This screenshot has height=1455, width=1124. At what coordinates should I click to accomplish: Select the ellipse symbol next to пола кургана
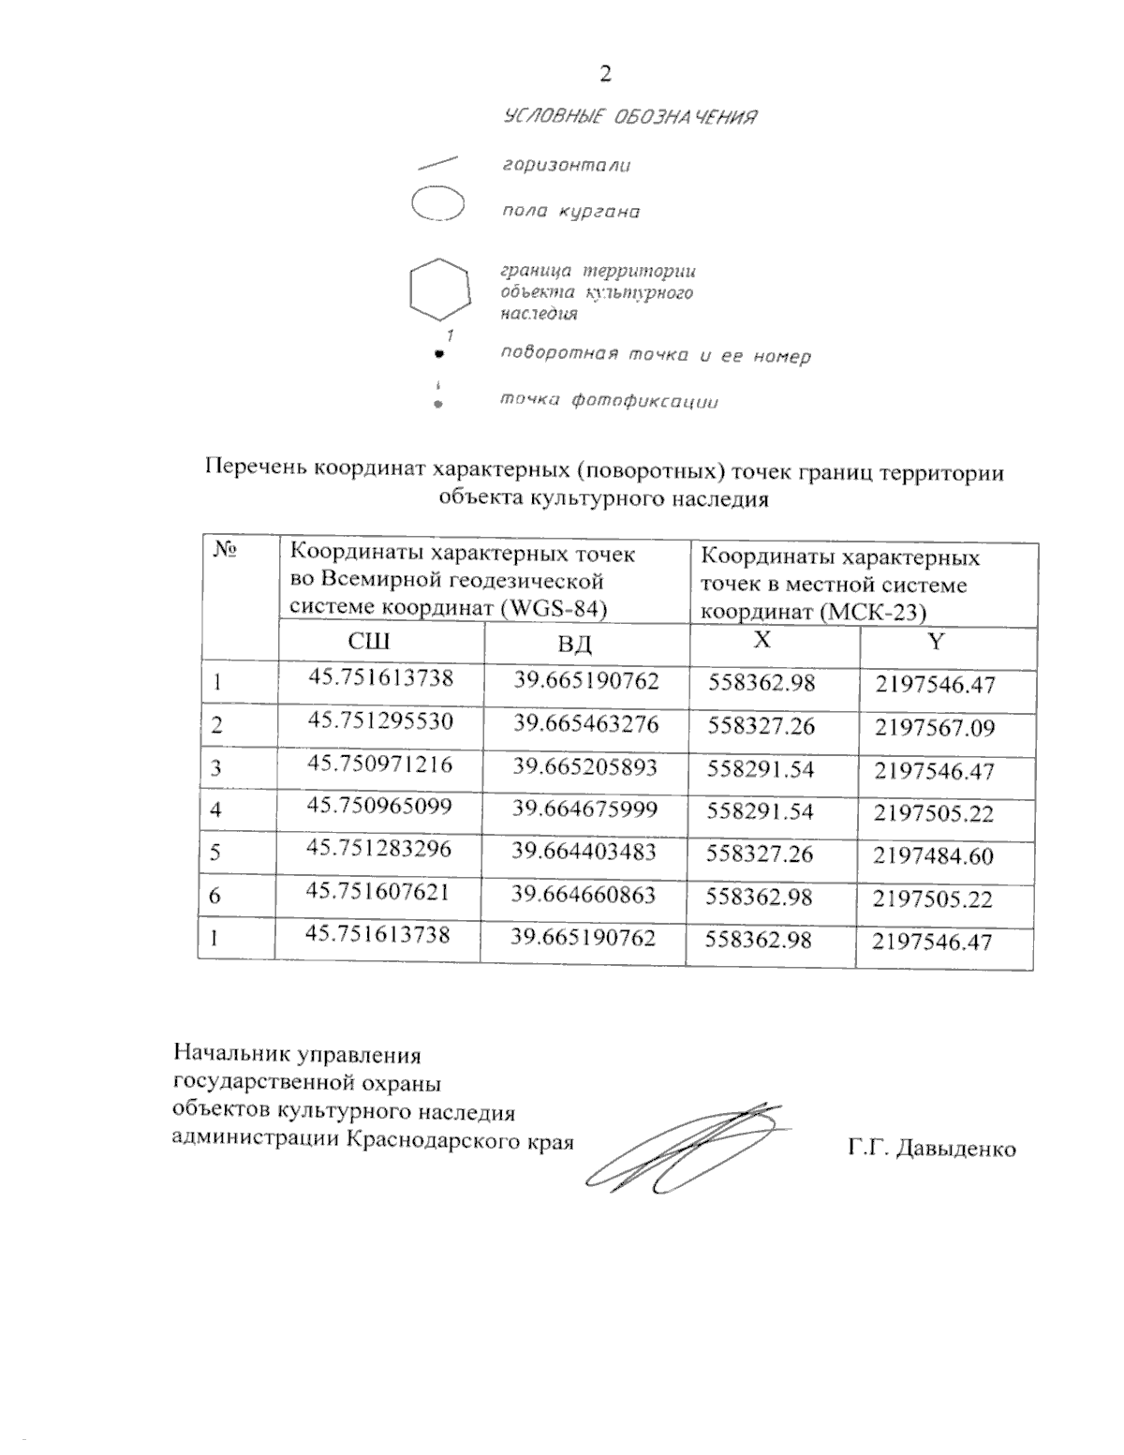point(437,204)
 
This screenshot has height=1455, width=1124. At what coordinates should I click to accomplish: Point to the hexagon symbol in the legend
point(438,289)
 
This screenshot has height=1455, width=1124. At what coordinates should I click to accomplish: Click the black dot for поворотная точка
point(437,356)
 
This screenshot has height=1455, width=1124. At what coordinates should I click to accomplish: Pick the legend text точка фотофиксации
point(609,401)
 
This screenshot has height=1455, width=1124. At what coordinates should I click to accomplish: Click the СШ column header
point(368,642)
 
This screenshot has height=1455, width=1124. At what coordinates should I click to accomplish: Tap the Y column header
point(936,641)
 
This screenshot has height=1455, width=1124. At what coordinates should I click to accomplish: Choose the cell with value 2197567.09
point(934,728)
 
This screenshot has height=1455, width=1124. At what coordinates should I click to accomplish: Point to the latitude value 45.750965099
point(379,807)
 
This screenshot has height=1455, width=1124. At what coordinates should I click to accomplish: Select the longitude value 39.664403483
point(584,851)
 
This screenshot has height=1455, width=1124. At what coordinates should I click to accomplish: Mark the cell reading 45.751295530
point(380,721)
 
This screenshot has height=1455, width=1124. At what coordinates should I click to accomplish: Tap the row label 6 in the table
point(214,897)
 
